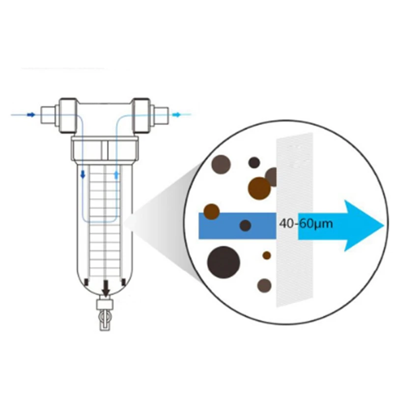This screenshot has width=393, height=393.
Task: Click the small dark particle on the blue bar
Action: pos(245,225)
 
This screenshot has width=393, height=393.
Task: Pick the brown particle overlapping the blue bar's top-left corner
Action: pos(212,211)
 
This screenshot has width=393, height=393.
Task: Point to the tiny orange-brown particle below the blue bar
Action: pos(266,255)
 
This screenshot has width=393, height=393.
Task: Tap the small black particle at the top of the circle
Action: pos(254,163)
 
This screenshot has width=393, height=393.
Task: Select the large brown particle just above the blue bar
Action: pos(259,188)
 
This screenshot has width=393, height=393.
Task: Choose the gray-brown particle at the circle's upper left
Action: pos(221,164)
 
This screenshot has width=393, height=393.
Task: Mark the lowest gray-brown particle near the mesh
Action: pos(265,285)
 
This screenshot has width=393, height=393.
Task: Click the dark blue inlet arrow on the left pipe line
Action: pos(30,115)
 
